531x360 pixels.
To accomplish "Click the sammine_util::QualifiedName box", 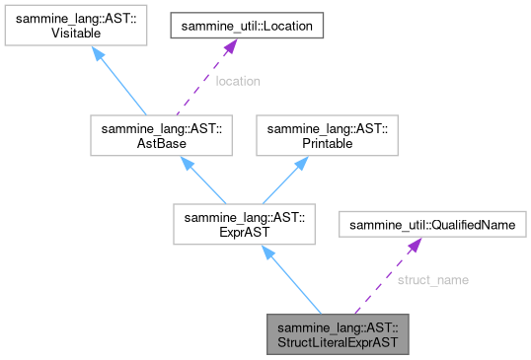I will (432, 226).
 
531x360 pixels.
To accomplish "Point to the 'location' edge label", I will (237, 81).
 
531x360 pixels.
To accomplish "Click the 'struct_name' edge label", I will (432, 280).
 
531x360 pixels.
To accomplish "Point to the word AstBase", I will (147, 143).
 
